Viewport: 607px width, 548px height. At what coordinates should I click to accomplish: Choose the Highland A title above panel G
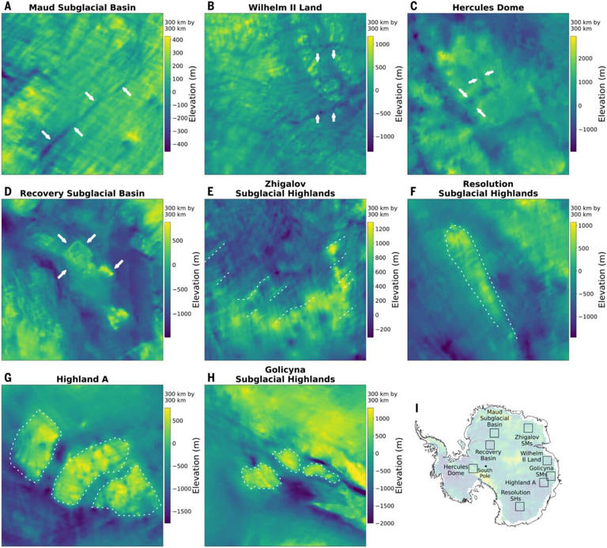82,380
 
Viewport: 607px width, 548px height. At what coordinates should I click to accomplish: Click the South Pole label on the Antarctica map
484,472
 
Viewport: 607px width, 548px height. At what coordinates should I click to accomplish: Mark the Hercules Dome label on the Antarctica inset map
457,470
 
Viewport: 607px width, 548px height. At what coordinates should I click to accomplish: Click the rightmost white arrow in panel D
119,263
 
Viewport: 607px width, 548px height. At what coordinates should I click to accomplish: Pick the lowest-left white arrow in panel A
47,136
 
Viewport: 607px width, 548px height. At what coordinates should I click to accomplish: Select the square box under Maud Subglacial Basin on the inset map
495,433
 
